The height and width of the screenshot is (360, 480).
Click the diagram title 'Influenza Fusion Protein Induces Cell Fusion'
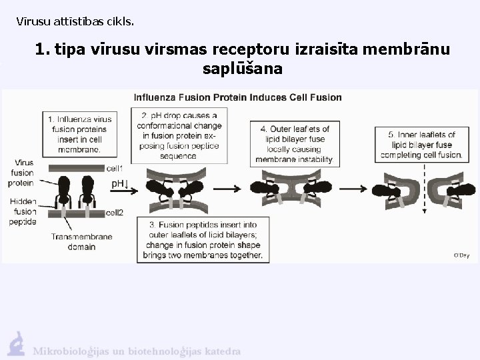tap(238, 97)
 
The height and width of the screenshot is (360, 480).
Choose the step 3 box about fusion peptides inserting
tap(201, 237)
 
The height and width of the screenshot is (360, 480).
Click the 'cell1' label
tap(115, 169)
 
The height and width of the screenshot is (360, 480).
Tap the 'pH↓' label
tap(119, 183)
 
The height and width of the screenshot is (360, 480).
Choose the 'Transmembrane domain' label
tap(81, 241)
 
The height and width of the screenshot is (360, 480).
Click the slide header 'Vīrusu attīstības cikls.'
tap(75, 21)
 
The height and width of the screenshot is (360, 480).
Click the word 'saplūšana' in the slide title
tap(241, 69)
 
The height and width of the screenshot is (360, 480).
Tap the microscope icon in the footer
tap(16, 344)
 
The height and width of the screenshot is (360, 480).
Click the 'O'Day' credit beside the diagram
tap(461, 255)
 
